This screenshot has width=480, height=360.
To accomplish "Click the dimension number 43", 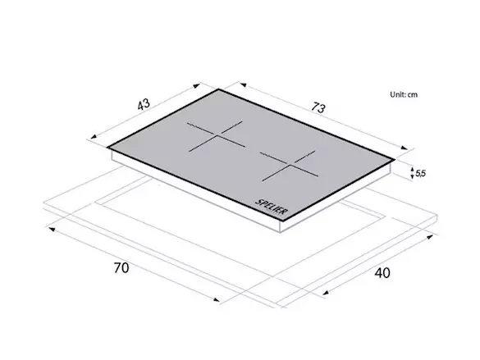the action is coord(144,104).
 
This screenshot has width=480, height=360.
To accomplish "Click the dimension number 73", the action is coord(318,107).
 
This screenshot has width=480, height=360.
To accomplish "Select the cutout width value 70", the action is coord(121,268).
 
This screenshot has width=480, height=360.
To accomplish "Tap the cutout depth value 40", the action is coord(382,273).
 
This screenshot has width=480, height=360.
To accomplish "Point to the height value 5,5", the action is coord(421,173).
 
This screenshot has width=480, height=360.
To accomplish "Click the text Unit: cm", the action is coord(404,94).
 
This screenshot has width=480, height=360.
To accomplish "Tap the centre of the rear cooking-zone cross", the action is coord(216,135).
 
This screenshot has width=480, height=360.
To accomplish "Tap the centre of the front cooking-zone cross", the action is coord(289,165).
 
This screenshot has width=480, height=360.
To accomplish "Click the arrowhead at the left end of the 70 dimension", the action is coord(52,229).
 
